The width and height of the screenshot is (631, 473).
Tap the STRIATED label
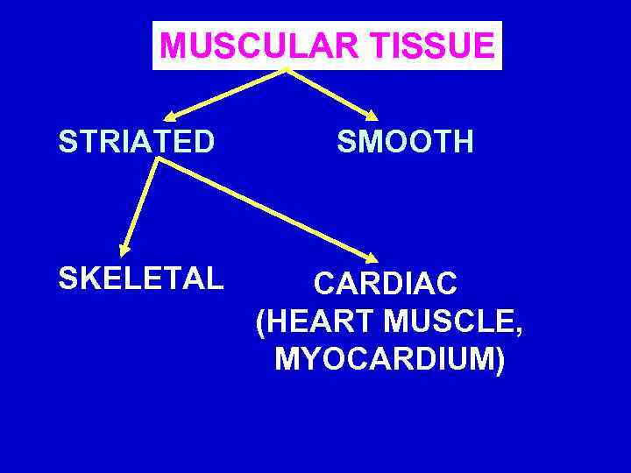tap(136, 141)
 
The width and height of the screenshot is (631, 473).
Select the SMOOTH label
tap(406, 141)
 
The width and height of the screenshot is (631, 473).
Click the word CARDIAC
tap(386, 284)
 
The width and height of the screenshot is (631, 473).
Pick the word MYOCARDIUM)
tap(389, 360)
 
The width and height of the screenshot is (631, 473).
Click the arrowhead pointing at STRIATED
tap(169, 115)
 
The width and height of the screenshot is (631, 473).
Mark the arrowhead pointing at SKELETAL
tap(125, 250)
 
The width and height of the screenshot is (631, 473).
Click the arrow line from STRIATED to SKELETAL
tap(140, 206)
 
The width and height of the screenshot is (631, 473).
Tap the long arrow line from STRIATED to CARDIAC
tap(263, 209)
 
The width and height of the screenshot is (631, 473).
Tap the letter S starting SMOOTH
tap(345, 141)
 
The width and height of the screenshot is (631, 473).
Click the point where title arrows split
tap(286, 69)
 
